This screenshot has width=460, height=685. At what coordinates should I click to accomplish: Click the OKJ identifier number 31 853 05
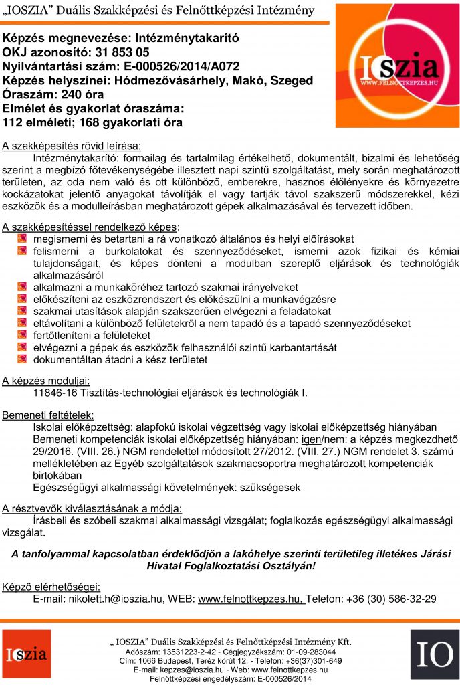click(124, 52)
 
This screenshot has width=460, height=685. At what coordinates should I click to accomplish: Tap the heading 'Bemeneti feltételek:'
click(48, 416)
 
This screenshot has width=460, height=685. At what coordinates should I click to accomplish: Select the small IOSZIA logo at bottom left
click(26, 654)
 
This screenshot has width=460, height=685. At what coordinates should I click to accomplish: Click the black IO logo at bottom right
click(435, 654)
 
